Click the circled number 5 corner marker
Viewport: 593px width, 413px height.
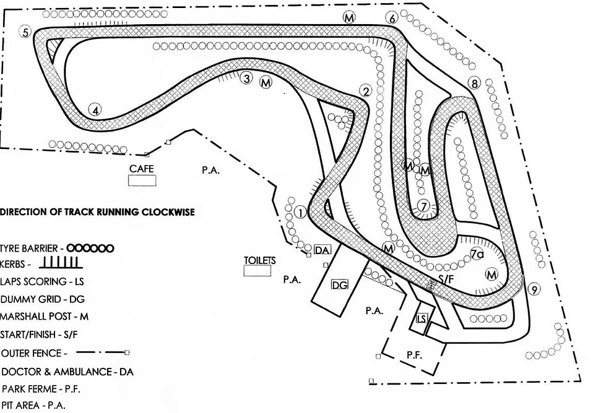point(25,32)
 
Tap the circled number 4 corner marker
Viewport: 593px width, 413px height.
point(95,111)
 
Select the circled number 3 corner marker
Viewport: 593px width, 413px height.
point(247,79)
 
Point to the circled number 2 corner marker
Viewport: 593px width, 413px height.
point(365,92)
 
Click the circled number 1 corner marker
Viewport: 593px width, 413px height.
point(301,213)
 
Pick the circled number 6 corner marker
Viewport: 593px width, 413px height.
point(392,18)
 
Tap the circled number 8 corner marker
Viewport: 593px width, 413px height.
point(475,83)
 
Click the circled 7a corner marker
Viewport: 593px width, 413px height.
point(477,253)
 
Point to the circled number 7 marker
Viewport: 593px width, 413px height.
point(423,206)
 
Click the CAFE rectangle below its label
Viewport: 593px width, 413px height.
point(142,181)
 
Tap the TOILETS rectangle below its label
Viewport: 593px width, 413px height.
point(259,271)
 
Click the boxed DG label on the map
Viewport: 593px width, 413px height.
point(339,285)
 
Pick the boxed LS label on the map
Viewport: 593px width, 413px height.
point(422,318)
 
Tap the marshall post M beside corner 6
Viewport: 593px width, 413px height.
point(350,18)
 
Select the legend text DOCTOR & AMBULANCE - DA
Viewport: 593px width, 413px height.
point(67,372)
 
